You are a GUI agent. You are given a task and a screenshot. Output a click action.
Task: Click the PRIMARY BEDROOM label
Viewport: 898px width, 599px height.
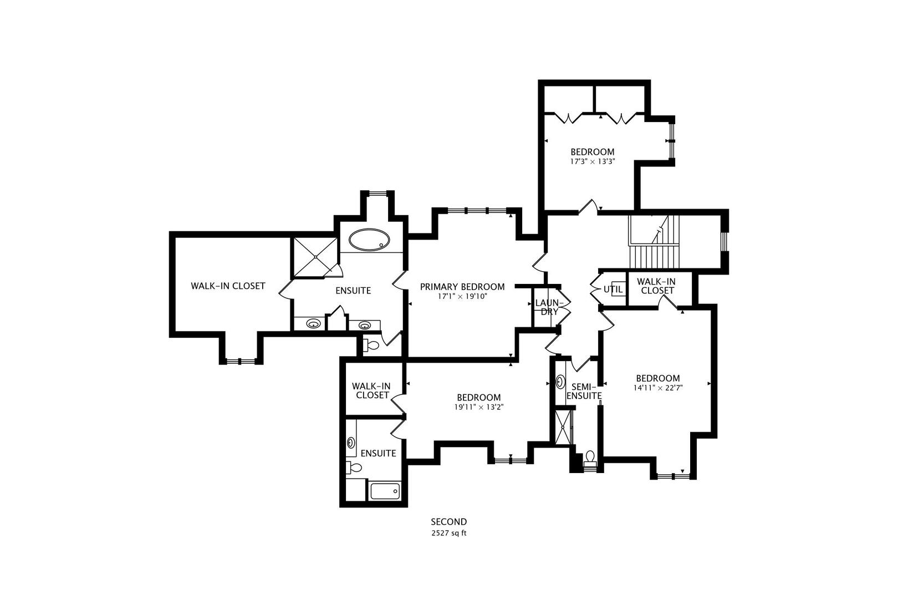tap(462, 287)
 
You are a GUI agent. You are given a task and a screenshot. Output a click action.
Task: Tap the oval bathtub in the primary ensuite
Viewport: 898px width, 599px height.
tap(369, 240)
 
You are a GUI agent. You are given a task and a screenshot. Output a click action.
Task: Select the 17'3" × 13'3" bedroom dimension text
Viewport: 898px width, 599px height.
tap(593, 162)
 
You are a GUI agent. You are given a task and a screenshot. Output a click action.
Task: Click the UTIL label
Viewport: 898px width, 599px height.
tap(613, 290)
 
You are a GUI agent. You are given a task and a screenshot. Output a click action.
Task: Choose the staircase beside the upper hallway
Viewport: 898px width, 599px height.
tap(654, 241)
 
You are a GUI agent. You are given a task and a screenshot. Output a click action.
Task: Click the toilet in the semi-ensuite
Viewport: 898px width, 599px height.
tap(590, 458)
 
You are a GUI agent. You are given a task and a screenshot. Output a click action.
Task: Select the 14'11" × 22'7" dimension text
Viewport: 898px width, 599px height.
tap(658, 388)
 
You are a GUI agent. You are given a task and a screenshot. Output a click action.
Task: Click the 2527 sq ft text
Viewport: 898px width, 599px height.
tap(449, 533)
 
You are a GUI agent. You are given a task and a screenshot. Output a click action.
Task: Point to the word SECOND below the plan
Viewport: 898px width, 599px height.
tap(449, 522)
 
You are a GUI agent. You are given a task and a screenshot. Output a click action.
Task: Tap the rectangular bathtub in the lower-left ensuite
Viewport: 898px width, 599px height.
tap(385, 491)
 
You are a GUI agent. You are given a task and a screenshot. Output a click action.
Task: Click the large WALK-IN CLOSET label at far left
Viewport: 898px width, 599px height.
tap(228, 286)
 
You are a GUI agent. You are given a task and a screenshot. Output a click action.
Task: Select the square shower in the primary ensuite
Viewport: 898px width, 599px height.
tap(315, 257)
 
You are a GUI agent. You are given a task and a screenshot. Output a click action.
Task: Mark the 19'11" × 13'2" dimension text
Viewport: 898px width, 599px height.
tap(479, 407)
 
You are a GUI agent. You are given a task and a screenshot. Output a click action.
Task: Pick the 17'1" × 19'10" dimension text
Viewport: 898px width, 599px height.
tap(462, 297)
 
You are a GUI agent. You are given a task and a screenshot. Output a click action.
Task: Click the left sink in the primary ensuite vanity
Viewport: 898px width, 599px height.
tap(313, 323)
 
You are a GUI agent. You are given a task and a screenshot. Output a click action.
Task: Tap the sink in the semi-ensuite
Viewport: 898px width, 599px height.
tap(560, 382)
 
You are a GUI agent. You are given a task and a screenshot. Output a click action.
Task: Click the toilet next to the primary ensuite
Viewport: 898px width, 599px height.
tap(371, 345)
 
